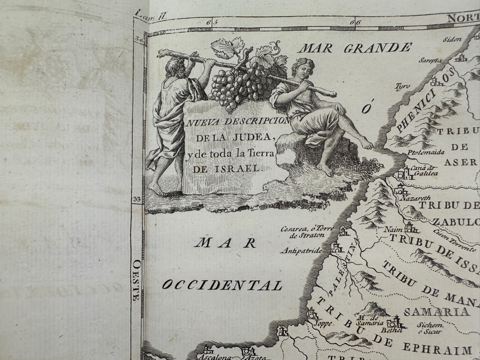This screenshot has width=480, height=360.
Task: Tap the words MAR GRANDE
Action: [x=354, y=48]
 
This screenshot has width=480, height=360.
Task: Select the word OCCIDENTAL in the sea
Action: [x=222, y=285]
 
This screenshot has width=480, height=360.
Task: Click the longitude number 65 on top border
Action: [x=209, y=22]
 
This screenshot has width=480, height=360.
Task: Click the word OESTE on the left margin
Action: [x=136, y=279]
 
